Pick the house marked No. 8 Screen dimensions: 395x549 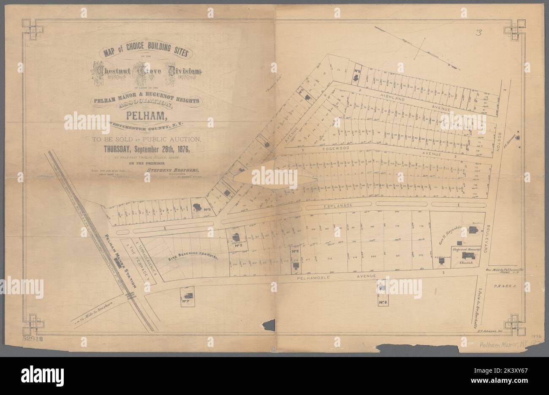tap(382, 288)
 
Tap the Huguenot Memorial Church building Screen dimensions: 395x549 tap(466, 257)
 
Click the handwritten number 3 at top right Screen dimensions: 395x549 tap(478, 33)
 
